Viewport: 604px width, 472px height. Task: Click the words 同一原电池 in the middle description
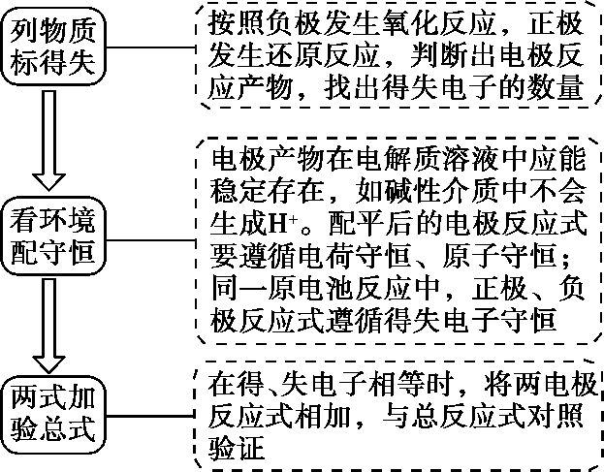[263, 286]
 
